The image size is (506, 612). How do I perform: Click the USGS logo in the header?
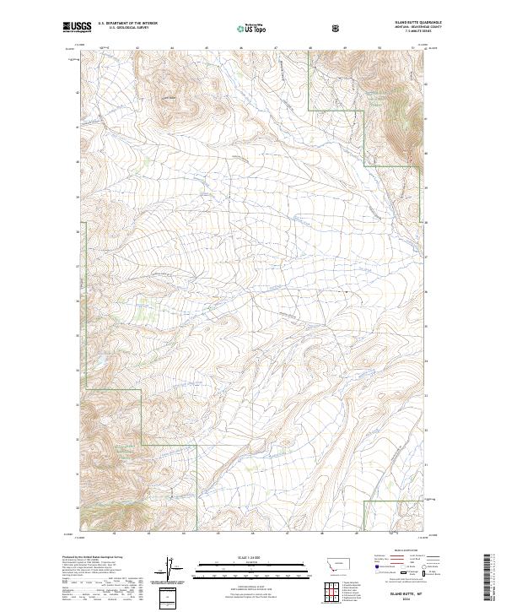click(x=77, y=28)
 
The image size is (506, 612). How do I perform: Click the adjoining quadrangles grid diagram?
click(x=336, y=593)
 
